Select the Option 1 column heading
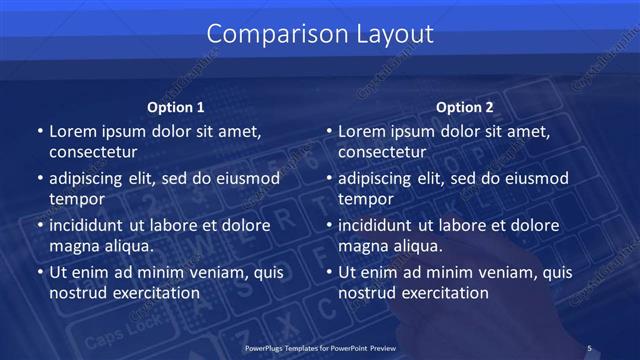176,107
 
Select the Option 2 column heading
465,107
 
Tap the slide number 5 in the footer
589,347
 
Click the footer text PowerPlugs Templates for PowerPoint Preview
319,347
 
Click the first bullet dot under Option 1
39,132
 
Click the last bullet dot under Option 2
329,273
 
